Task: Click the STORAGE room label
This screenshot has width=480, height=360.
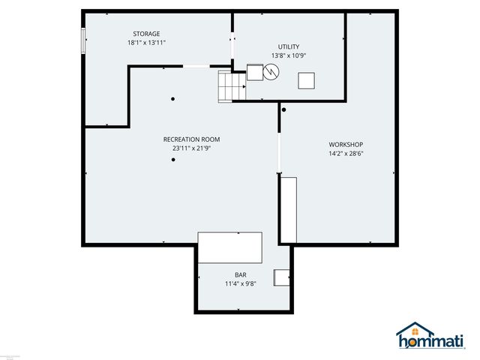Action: tap(146, 34)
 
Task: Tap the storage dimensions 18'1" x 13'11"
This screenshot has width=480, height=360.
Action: tap(146, 43)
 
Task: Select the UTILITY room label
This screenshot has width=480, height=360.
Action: tap(289, 46)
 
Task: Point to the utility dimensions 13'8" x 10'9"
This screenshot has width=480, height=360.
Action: tap(289, 55)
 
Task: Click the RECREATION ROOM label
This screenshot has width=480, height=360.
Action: tap(192, 139)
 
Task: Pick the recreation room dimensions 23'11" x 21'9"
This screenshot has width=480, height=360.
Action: tap(192, 148)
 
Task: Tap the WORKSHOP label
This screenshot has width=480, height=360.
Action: tap(346, 145)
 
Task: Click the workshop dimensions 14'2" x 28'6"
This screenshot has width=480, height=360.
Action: tap(346, 154)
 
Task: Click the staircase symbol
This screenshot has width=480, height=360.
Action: tap(232, 85)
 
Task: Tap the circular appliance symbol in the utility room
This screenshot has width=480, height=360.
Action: tap(271, 72)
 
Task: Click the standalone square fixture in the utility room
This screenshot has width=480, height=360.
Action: tap(307, 80)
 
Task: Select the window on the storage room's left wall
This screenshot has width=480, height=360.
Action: tap(83, 40)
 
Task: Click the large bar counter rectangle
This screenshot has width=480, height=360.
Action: tap(230, 247)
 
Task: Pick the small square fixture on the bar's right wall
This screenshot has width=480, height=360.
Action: tap(283, 277)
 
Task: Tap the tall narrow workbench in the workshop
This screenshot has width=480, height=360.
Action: tap(289, 209)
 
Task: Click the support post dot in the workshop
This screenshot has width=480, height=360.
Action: tap(283, 110)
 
